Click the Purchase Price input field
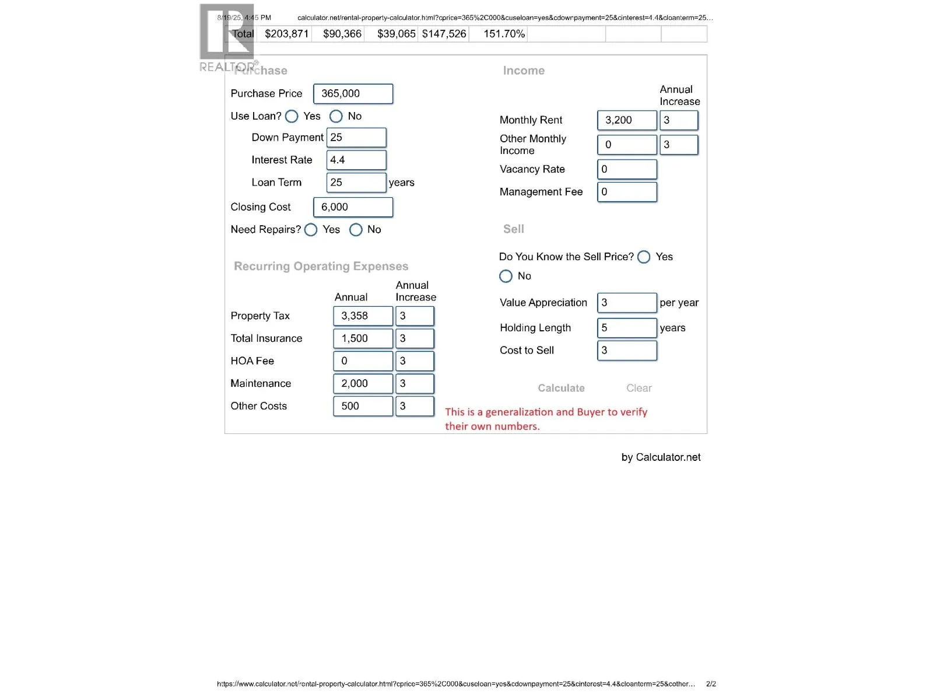[x=353, y=94]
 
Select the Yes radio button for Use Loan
[x=292, y=117]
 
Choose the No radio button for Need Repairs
[x=356, y=230]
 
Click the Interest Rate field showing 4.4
[x=356, y=160]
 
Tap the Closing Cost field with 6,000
[x=353, y=207]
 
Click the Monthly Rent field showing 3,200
[x=627, y=120]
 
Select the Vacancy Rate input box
[x=627, y=169]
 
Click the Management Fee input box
[x=627, y=192]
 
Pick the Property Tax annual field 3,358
[x=363, y=316]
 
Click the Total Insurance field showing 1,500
[x=363, y=338]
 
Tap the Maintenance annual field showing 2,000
[x=363, y=384]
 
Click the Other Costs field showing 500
[x=363, y=406]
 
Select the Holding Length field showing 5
[x=627, y=328]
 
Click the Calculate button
[x=561, y=388]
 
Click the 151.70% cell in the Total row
[x=504, y=34]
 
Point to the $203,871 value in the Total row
[x=286, y=34]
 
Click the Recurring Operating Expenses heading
[x=321, y=267]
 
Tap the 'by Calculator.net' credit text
[x=661, y=457]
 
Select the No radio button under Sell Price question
[x=506, y=276]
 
